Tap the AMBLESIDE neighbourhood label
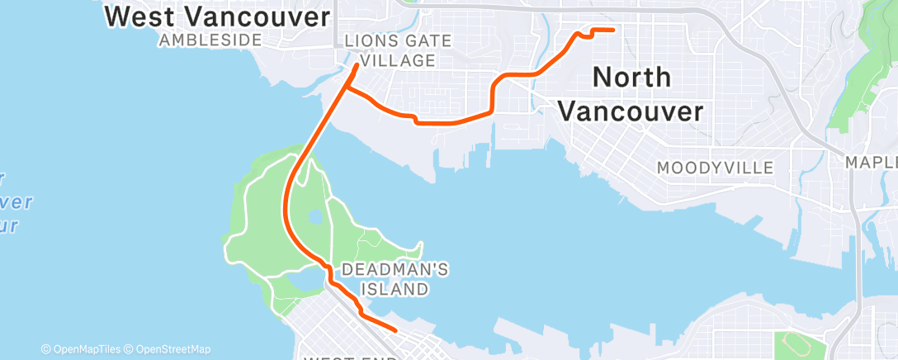point(210,40)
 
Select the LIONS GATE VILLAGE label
point(390,50)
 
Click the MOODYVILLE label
point(715,168)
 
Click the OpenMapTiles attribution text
point(81,349)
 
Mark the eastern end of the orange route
point(613,30)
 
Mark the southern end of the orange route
point(397,330)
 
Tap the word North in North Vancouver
point(631,78)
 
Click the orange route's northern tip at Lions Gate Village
point(357,64)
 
